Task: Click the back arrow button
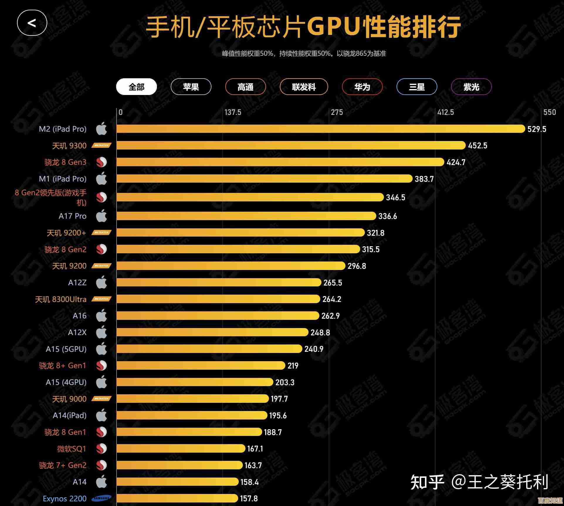[x=32, y=23]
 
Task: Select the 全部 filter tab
[x=136, y=87]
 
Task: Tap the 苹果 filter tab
[x=191, y=87]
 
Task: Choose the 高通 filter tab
[x=245, y=87]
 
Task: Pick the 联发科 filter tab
[x=304, y=87]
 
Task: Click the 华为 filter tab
[x=362, y=87]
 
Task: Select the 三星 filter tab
[x=417, y=87]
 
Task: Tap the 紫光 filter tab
[x=471, y=87]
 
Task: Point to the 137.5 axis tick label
[x=233, y=112]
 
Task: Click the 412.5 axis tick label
[x=446, y=112]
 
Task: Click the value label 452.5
[x=477, y=145]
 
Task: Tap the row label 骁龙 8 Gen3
[x=65, y=162]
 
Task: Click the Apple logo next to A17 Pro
[x=101, y=216]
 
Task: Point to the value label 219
[x=293, y=366]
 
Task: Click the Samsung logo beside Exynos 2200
[x=101, y=498]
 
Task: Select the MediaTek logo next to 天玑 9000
[x=101, y=399]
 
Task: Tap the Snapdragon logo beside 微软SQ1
[x=101, y=449]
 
